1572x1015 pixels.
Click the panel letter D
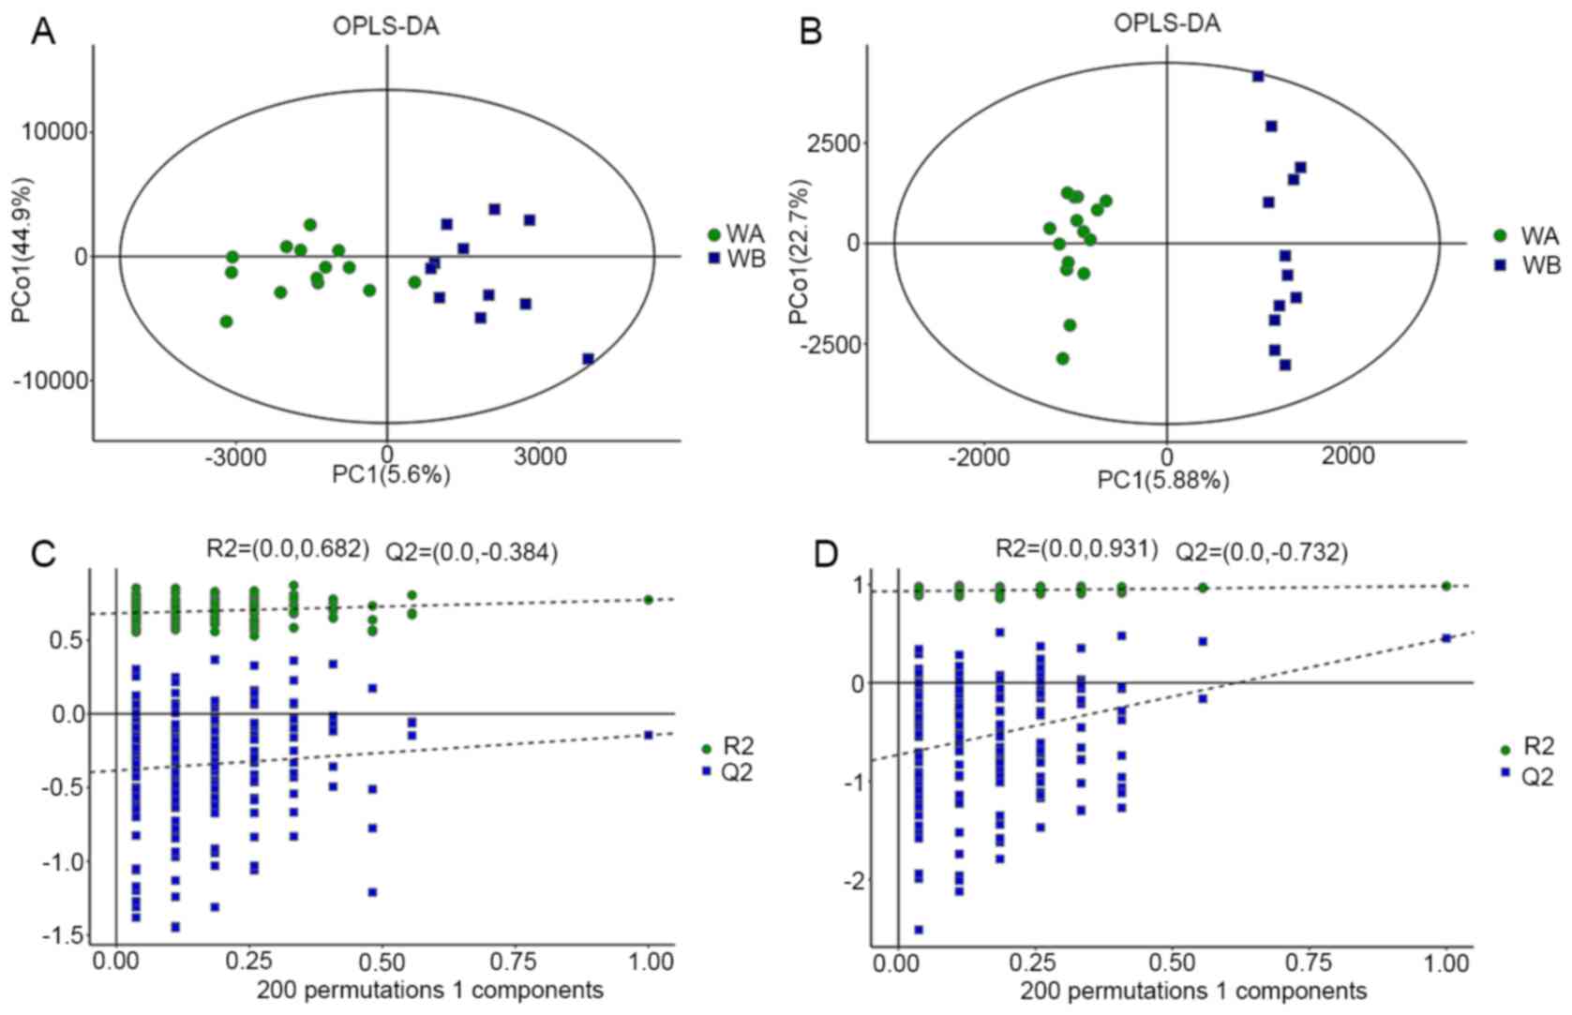coord(826,555)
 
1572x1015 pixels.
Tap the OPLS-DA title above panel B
coord(1166,23)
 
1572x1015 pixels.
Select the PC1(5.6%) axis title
coord(391,475)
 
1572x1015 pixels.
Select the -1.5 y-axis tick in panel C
coord(64,935)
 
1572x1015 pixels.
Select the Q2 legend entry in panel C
coord(734,772)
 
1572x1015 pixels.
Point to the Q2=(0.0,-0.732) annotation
coord(1262,553)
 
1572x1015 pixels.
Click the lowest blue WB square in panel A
coord(588,359)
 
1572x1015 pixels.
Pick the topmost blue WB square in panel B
coord(1258,76)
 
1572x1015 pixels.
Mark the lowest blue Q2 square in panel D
coord(919,930)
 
